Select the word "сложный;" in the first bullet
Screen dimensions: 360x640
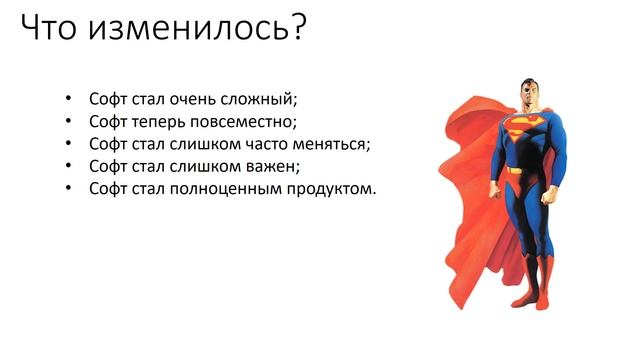coord(265,100)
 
